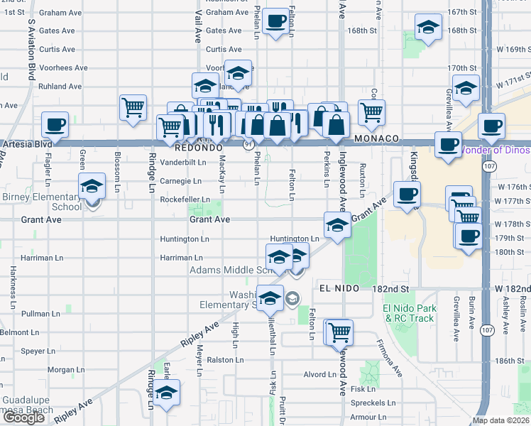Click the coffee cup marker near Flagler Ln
point(55,126)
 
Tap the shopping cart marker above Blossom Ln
point(133,108)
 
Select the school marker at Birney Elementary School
point(91,187)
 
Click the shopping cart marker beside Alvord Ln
point(340,332)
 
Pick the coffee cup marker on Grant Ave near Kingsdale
point(407,195)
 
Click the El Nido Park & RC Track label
point(409,313)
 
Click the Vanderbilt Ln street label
point(183,162)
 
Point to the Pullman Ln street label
point(41,313)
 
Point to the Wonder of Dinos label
point(495,150)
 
